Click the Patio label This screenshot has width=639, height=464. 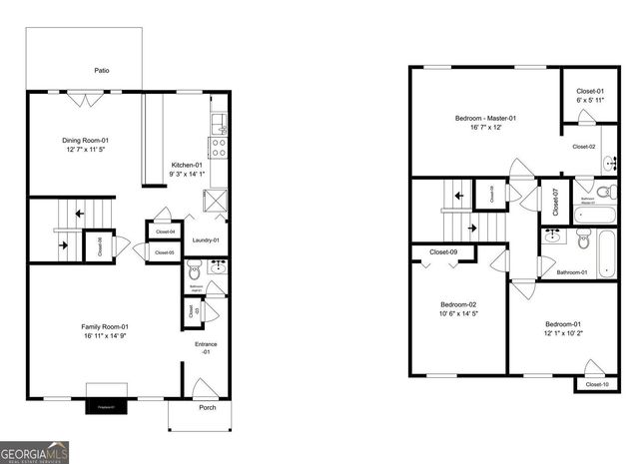(101, 71)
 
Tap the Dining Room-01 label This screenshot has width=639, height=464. (85, 141)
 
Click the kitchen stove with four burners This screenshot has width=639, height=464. (219, 148)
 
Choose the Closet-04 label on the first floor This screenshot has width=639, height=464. (164, 232)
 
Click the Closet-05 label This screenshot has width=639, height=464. (164, 253)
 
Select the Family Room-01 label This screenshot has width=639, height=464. (104, 326)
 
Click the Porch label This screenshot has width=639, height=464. (207, 407)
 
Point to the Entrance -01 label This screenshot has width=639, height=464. (207, 348)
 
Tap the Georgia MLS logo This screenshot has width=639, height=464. (35, 452)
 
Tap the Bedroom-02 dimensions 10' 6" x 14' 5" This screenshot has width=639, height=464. (458, 314)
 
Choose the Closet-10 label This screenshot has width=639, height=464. (595, 384)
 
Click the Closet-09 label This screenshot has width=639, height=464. (443, 252)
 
